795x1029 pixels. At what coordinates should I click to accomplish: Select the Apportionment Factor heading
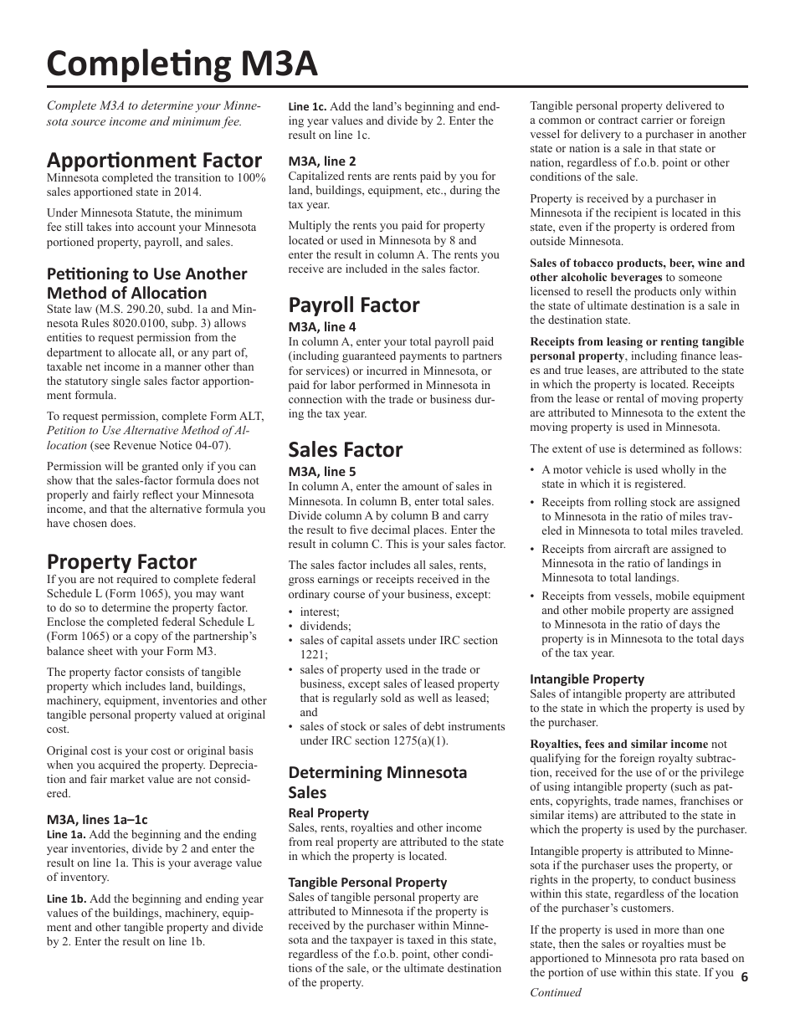pos(154,160)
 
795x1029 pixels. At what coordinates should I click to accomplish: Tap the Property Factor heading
pos(121,561)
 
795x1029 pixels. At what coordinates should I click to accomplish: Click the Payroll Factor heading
pos(354,305)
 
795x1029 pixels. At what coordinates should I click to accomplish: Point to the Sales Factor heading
pos(346,449)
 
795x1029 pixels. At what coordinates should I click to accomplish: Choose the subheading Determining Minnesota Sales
pos(377,781)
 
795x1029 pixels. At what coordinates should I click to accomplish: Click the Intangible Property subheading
pos(587,679)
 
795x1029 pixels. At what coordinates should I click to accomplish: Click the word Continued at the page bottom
pos(555,992)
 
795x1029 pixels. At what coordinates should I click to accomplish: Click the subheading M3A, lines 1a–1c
pos(97,820)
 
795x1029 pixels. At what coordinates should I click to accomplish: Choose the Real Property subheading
pos(328,813)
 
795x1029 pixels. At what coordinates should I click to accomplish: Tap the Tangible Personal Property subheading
pos(367,883)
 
